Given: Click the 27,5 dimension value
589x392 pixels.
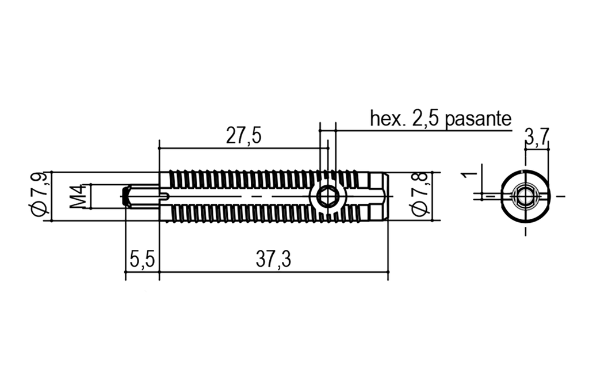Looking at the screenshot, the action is pyautogui.click(x=243, y=136).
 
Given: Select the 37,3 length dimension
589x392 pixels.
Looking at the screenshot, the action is pyautogui.click(x=273, y=260).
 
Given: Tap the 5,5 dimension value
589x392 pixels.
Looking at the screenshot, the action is pyautogui.click(x=142, y=260).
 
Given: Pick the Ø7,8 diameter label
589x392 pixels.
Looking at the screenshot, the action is pyautogui.click(x=420, y=196).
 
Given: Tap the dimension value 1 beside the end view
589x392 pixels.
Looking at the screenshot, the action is pyautogui.click(x=469, y=175).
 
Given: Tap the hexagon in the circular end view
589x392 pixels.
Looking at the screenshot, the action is pyautogui.click(x=525, y=196).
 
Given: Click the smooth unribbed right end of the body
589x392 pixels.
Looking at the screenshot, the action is pyautogui.click(x=378, y=196).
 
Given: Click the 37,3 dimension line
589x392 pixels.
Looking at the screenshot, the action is pyautogui.click(x=273, y=271).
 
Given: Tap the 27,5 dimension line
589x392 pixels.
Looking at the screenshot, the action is pyautogui.click(x=243, y=148).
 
